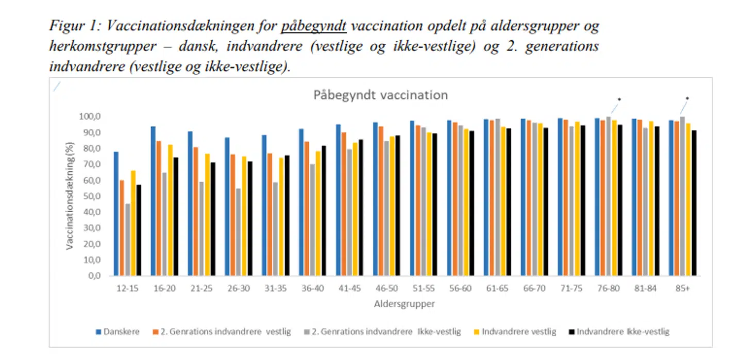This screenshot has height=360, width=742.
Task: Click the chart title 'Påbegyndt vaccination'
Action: pyautogui.click(x=380, y=95)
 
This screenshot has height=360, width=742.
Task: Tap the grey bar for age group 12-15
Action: pyautogui.click(x=127, y=239)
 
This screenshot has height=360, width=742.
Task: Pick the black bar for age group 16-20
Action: pyautogui.click(x=176, y=216)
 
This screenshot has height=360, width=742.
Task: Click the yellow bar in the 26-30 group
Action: pyautogui.click(x=244, y=216)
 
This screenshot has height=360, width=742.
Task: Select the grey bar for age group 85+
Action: pyautogui.click(x=682, y=196)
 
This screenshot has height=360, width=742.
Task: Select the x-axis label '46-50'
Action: pyautogui.click(x=386, y=288)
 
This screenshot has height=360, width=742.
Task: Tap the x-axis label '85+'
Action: pyautogui.click(x=682, y=288)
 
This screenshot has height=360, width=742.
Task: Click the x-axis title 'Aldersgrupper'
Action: pyautogui.click(x=404, y=304)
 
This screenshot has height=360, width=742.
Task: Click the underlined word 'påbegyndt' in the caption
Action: pyautogui.click(x=314, y=26)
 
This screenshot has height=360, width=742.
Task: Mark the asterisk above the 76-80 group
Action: pyautogui.click(x=619, y=99)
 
